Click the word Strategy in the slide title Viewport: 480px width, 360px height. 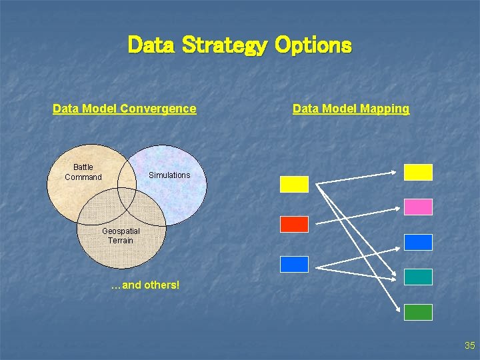point(224,45)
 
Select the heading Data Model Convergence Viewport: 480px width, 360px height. point(124,109)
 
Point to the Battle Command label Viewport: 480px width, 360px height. point(83,172)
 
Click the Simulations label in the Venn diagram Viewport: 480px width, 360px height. point(169,175)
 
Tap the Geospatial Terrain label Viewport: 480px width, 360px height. point(121,236)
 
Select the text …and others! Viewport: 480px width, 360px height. point(145,285)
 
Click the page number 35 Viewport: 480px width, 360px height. point(469,345)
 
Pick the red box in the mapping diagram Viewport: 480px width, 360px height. point(294,225)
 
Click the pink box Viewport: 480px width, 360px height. point(419,207)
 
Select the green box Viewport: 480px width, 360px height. point(419,312)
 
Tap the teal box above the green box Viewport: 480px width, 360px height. point(419,277)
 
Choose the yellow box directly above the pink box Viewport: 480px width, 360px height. point(419,172)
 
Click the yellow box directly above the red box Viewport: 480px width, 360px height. point(294,184)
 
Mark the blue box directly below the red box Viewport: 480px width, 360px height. point(294,264)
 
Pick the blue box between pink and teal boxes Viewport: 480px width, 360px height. point(419,242)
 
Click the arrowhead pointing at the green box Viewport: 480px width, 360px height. point(400,309)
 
